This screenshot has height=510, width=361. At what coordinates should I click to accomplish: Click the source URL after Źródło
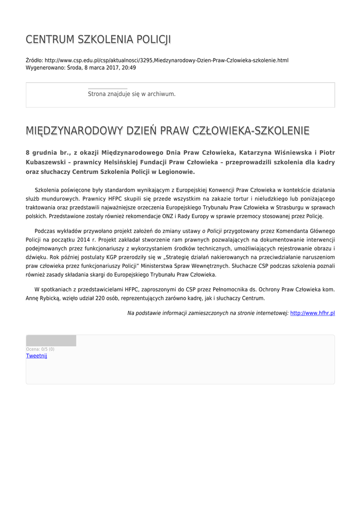point(166,60)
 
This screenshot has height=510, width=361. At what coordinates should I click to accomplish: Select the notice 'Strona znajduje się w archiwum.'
point(131,94)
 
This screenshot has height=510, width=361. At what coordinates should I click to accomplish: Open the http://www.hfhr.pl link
point(312,313)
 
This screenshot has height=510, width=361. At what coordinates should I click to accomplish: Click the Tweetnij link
point(36,356)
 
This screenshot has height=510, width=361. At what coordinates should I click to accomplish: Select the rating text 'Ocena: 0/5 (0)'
point(40,349)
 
